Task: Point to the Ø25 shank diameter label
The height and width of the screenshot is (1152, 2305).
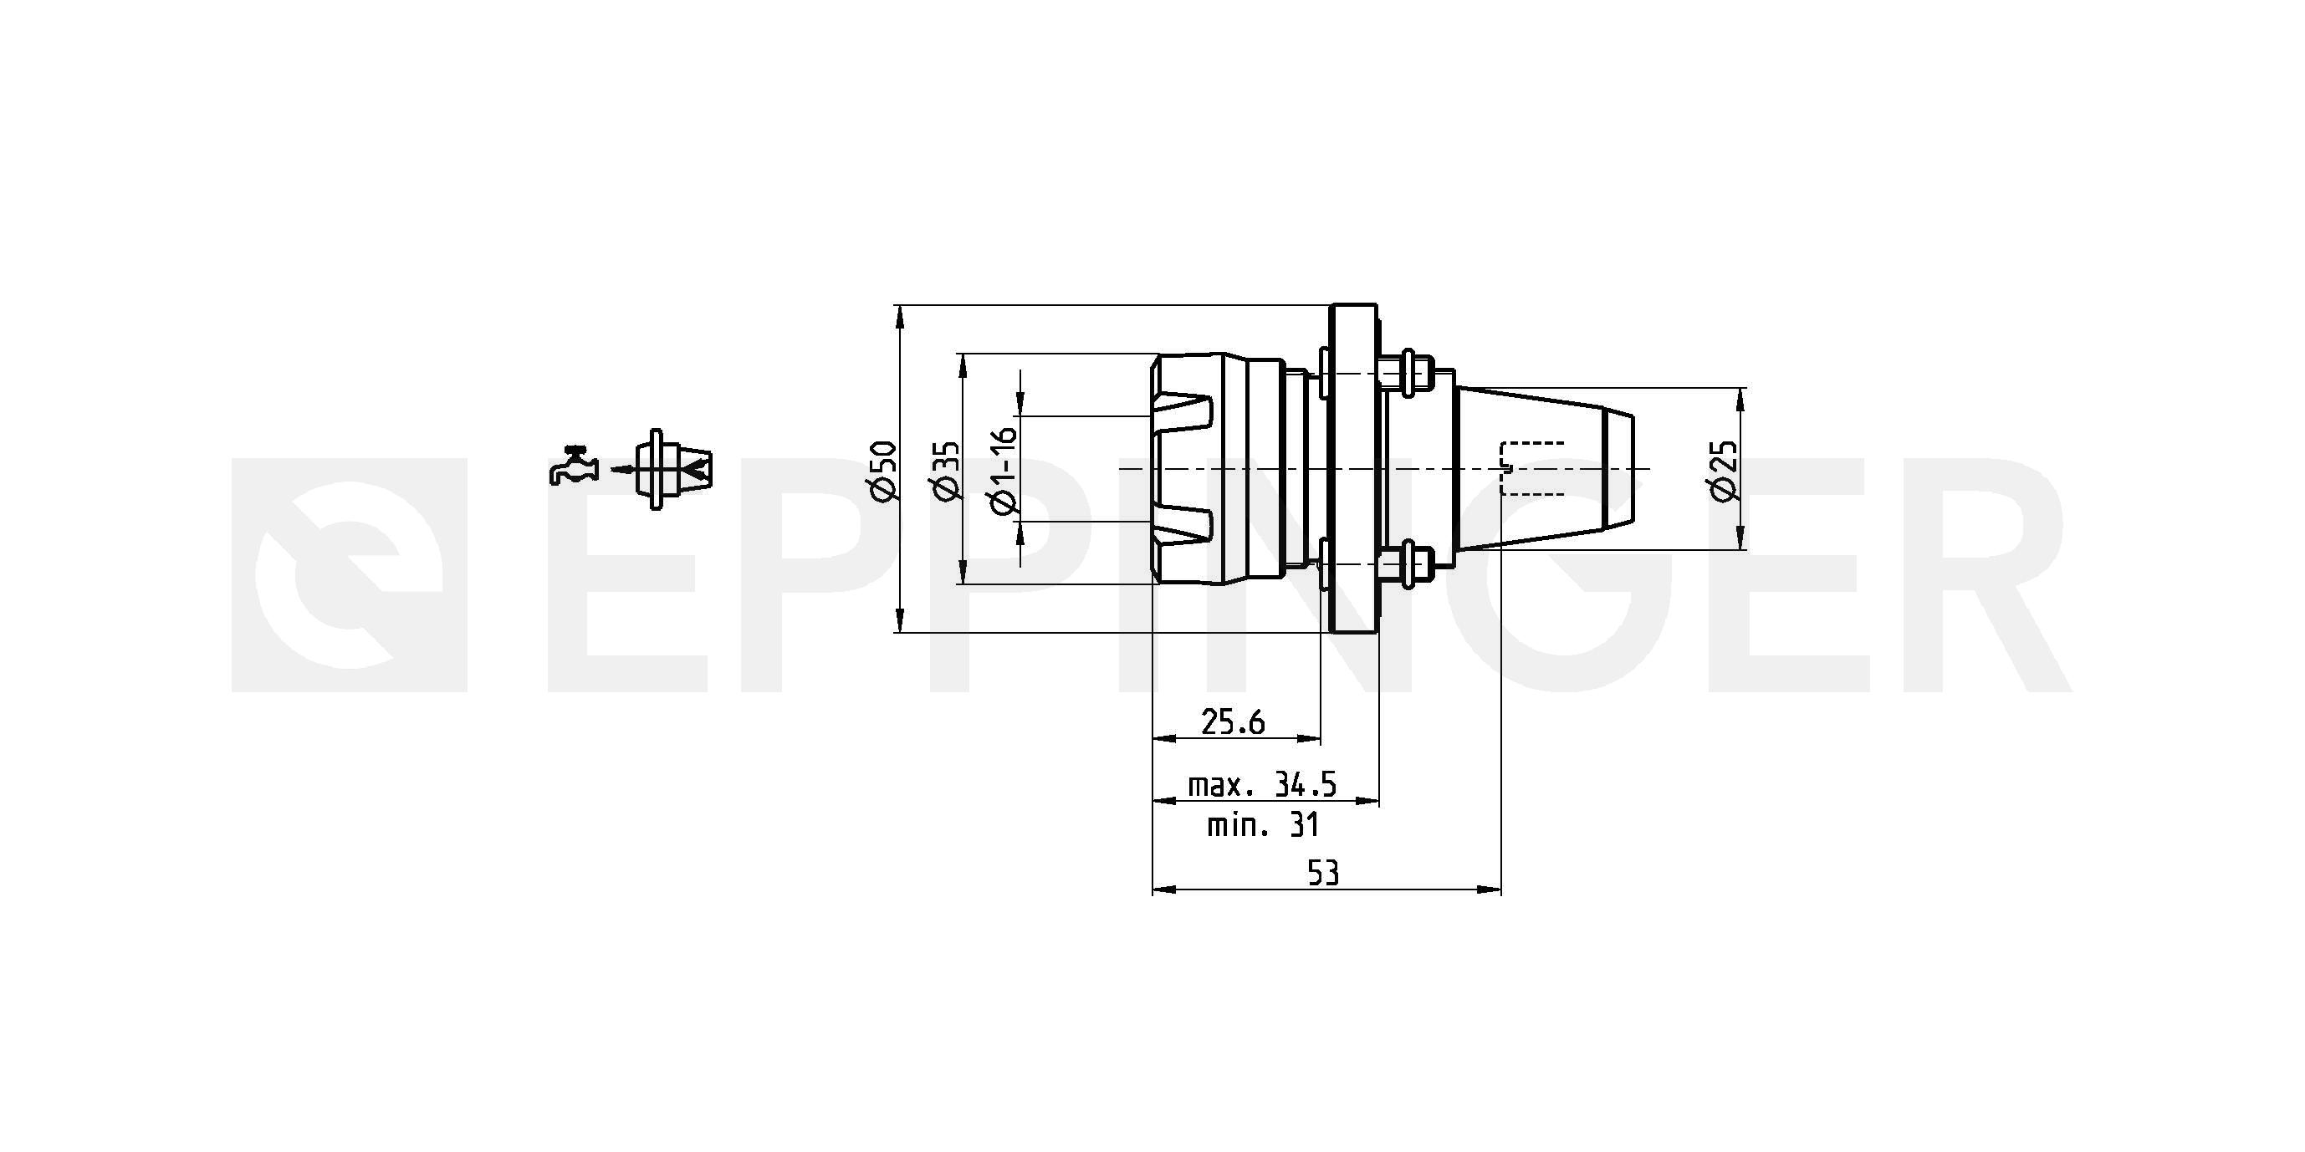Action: [x=1724, y=471]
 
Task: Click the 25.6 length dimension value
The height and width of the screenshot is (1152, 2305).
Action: [x=1233, y=721]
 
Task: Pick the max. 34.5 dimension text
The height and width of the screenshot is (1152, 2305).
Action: [x=1262, y=785]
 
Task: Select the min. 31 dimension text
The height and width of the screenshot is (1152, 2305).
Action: [x=1263, y=824]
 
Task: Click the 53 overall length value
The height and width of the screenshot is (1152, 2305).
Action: [x=1323, y=873]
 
